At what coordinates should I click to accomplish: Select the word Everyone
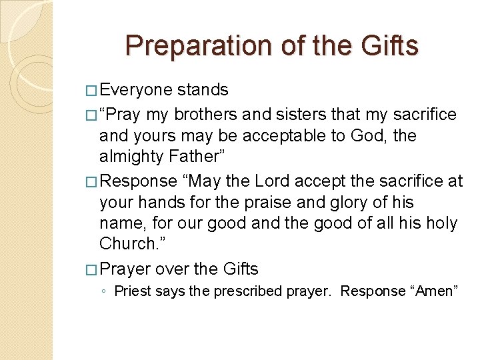point(136,90)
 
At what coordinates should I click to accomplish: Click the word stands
point(203,90)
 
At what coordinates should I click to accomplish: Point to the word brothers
point(207,115)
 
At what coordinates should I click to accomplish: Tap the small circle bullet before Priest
point(105,292)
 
